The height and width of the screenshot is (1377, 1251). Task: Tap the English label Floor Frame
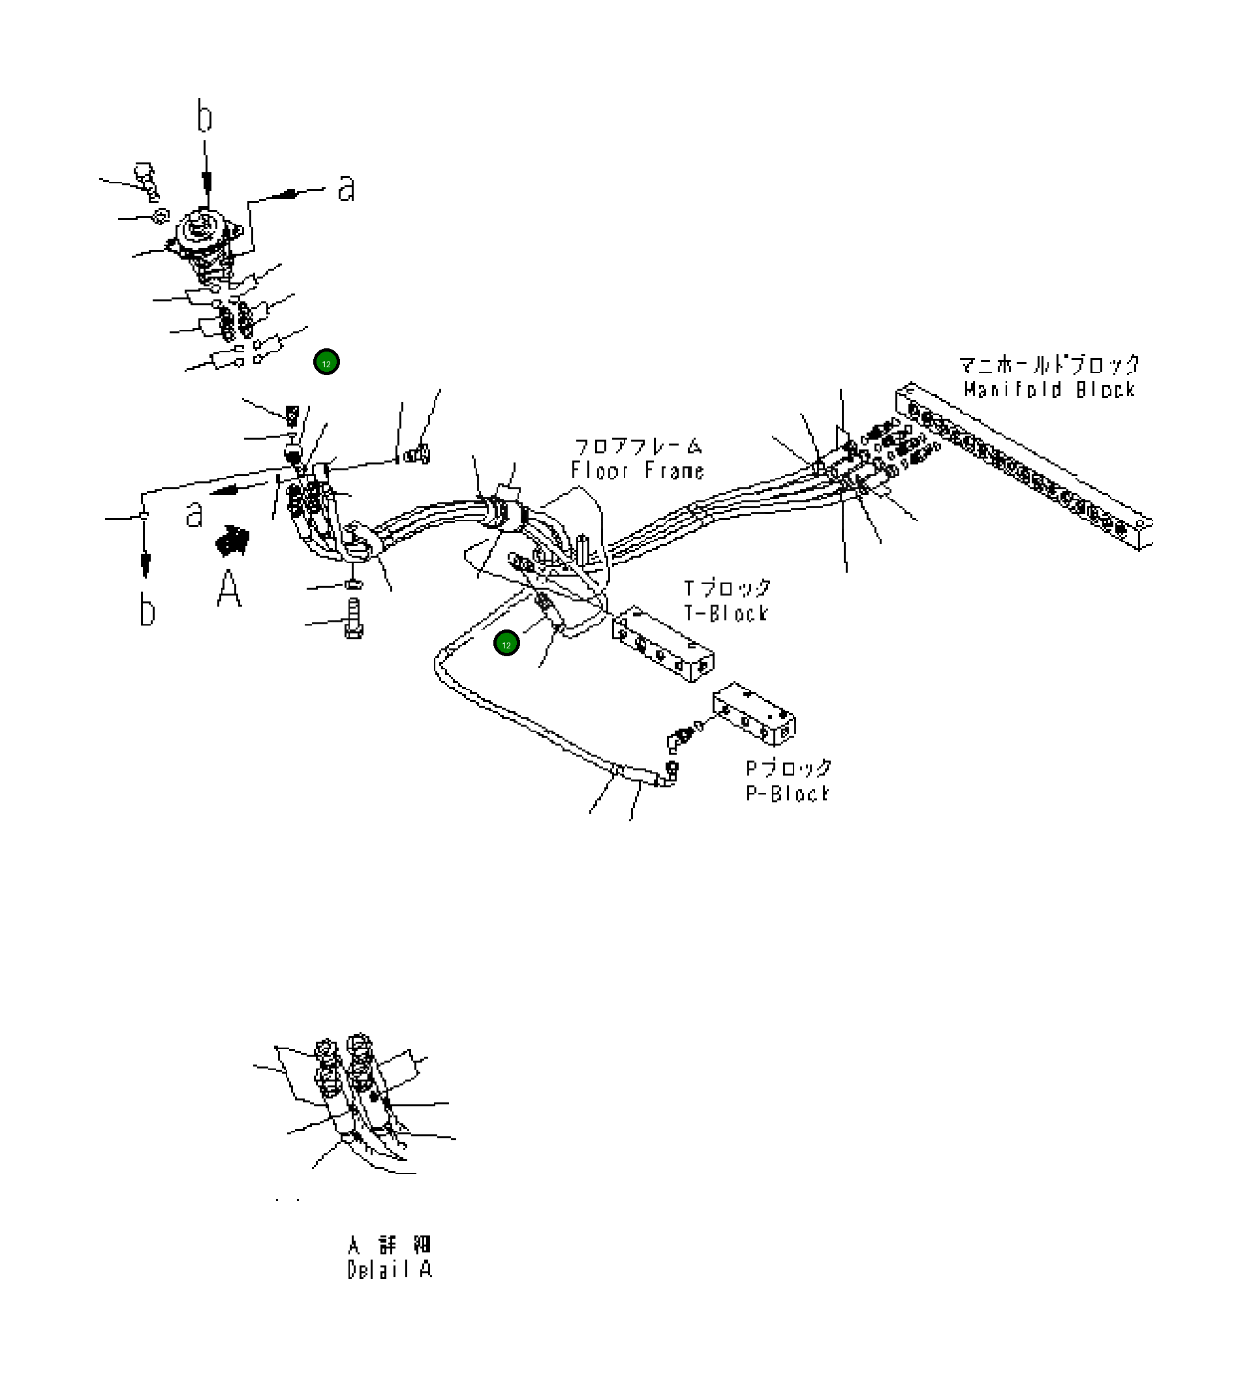637,470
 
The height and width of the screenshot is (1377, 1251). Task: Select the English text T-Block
726,613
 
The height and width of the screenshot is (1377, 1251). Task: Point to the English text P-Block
787,793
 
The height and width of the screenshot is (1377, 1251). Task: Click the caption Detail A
390,1270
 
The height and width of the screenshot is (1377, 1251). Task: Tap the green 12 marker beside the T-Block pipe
506,644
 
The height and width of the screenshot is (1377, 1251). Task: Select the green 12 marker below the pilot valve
326,363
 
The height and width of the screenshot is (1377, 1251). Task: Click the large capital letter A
229,588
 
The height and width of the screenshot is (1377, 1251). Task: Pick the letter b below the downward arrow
147,609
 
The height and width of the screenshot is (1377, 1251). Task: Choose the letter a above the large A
194,513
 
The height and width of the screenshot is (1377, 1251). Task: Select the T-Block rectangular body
663,642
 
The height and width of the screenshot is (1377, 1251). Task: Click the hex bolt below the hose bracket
353,618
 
